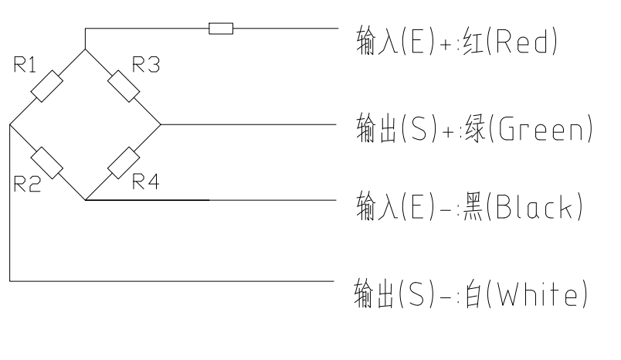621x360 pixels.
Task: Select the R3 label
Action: point(146,66)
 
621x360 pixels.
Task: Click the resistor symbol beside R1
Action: point(46,85)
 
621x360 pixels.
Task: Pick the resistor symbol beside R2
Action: point(46,161)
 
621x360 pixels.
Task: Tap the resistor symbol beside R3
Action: point(122,85)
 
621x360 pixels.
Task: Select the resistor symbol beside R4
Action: point(122,161)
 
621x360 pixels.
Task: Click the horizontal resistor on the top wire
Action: point(221,29)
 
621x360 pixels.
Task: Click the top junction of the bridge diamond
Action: point(84,47)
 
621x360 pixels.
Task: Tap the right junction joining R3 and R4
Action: point(160,124)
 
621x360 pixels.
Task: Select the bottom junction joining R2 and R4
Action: point(84,199)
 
